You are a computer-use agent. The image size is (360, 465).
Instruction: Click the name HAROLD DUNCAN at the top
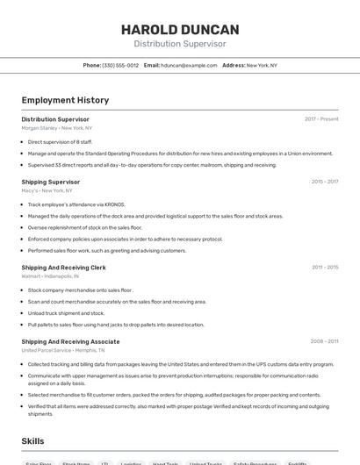click(180, 29)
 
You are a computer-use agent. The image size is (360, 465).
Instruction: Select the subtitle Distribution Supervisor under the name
click(180, 44)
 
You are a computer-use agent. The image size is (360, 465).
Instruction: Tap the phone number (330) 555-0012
click(120, 66)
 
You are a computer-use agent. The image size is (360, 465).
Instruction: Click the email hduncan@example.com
click(189, 66)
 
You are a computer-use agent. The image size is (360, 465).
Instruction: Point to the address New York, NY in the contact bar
click(262, 66)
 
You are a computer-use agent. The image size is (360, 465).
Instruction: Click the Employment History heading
click(65, 100)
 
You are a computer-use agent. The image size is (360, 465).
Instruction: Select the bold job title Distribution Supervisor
click(55, 119)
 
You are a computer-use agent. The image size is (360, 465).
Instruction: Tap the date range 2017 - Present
click(321, 119)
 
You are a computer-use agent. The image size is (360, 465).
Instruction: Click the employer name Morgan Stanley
click(40, 128)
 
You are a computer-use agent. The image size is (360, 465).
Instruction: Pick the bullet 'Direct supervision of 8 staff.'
click(60, 141)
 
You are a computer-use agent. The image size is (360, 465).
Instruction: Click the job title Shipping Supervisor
click(51, 182)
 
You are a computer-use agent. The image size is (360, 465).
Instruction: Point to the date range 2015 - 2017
click(324, 182)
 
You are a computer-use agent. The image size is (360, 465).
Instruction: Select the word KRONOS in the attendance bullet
click(113, 204)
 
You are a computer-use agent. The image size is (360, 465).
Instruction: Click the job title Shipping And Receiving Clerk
click(63, 267)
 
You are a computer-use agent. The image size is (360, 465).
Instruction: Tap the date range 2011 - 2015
click(324, 267)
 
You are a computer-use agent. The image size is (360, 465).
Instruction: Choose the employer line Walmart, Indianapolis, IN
click(50, 275)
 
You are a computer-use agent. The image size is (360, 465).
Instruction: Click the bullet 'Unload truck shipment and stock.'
click(66, 312)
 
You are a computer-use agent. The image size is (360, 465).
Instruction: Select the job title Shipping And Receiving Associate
click(70, 341)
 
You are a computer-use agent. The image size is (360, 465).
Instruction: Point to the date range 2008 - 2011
click(324, 341)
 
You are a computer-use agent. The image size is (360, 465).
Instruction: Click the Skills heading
click(32, 440)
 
